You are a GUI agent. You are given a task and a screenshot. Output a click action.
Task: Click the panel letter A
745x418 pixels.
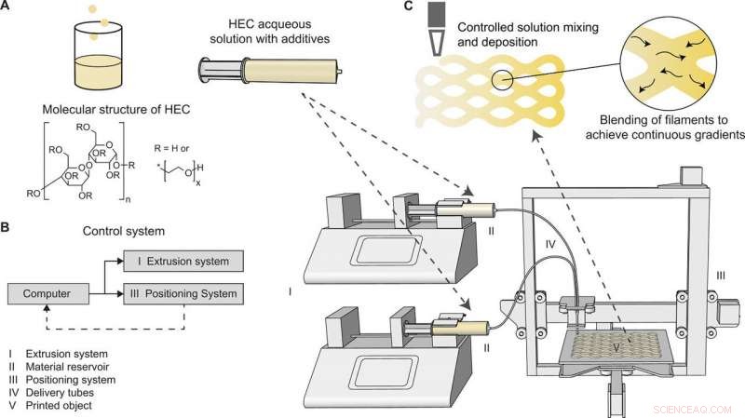tap(8, 7)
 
